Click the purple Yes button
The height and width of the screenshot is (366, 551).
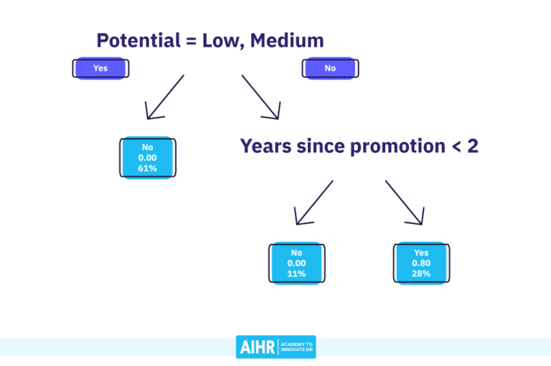(100, 68)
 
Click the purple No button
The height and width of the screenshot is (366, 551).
(330, 68)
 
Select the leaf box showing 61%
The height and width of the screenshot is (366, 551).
(148, 157)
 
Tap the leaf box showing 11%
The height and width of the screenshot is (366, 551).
(297, 263)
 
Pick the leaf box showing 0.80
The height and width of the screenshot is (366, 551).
(421, 263)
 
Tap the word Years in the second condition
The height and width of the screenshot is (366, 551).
(263, 146)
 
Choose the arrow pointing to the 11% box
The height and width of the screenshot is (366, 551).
(314, 202)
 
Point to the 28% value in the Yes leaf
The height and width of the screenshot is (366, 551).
(421, 273)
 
